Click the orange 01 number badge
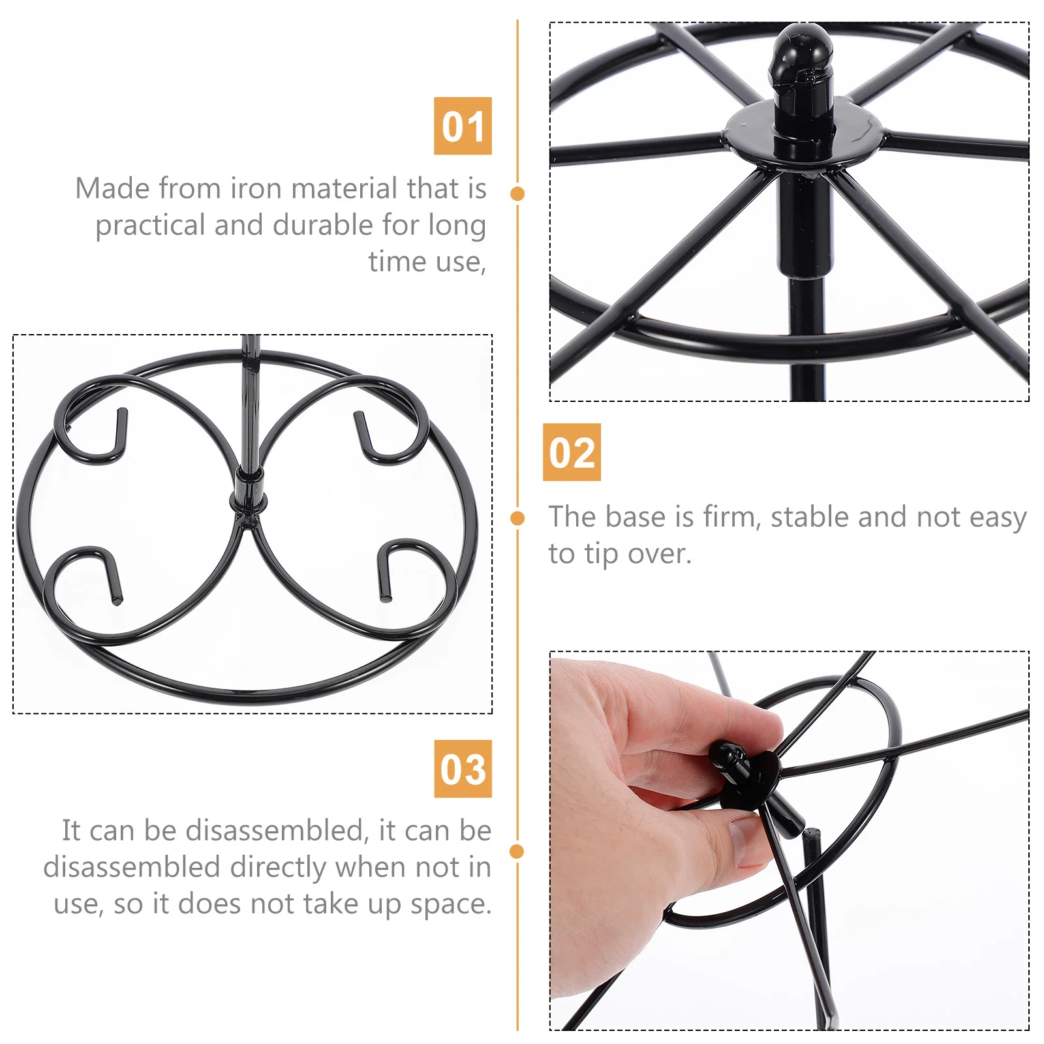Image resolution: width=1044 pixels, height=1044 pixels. point(463,126)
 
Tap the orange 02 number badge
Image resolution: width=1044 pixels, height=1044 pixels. point(572,452)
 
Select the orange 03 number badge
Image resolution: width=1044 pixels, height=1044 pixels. point(463,769)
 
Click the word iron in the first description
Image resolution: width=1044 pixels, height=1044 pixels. point(256,189)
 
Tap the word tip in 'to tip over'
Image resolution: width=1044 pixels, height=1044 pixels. point(601,555)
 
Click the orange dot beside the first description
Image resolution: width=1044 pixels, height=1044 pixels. point(517,194)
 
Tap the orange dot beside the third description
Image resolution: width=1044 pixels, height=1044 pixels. point(517,851)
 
